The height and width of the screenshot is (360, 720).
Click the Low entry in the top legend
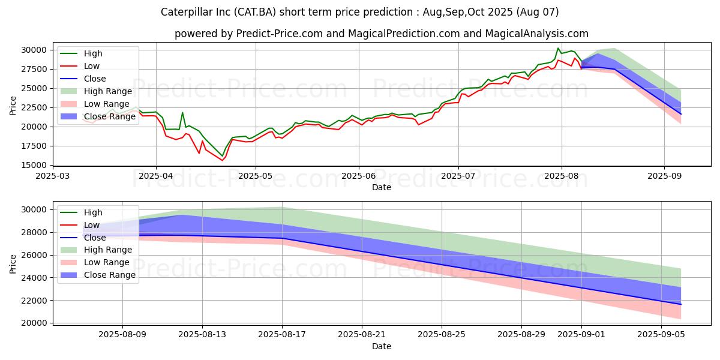pyautogui.click(x=92, y=66)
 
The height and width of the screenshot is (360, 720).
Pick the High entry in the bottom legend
pyautogui.click(x=93, y=212)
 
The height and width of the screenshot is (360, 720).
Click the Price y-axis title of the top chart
pyautogui.click(x=13, y=106)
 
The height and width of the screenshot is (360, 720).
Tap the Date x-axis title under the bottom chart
pyautogui.click(x=381, y=346)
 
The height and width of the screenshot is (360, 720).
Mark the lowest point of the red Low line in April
pyautogui.click(x=222, y=160)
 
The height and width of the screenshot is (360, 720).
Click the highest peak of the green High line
pyautogui.click(x=558, y=48)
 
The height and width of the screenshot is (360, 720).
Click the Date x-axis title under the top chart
pyautogui.click(x=381, y=187)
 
